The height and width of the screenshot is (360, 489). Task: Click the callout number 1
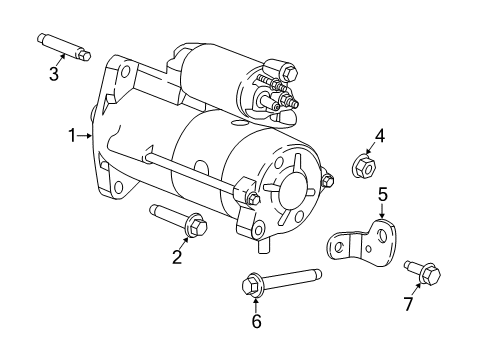click(x=73, y=134)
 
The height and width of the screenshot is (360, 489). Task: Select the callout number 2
click(x=177, y=258)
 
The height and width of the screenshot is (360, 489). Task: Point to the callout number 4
click(x=379, y=136)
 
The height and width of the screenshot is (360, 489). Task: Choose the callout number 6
click(x=256, y=320)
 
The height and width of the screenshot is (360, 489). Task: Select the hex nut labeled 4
click(x=365, y=166)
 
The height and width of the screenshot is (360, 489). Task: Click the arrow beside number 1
click(x=87, y=134)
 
